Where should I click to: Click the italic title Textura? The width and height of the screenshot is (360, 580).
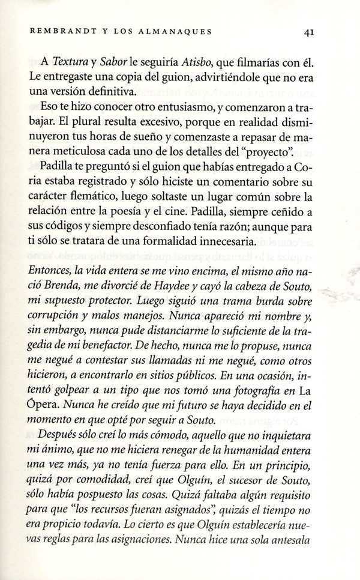click(72, 61)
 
